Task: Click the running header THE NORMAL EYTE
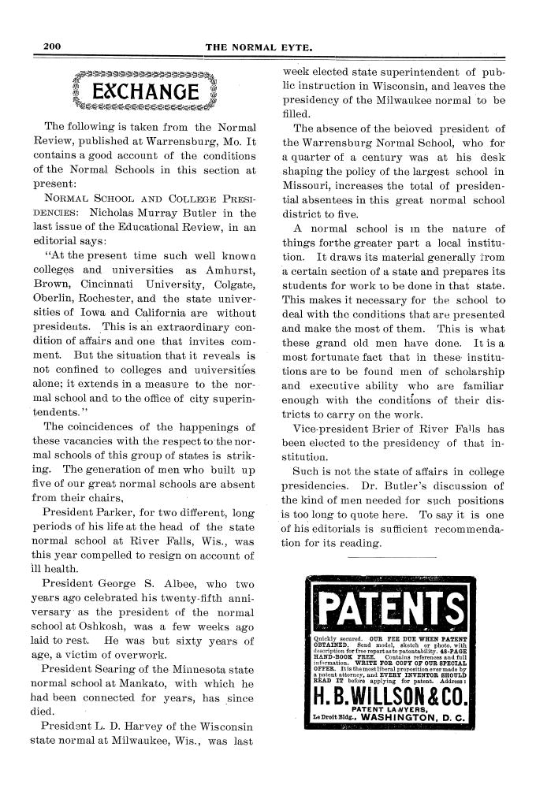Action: (x=259, y=47)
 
